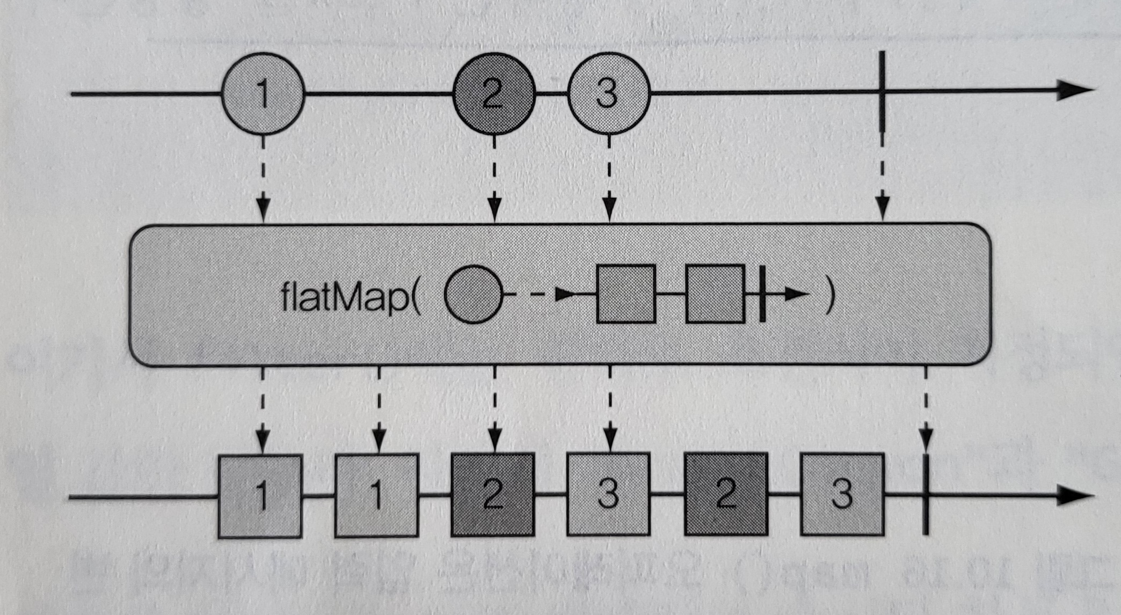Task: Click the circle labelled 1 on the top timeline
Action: point(263,94)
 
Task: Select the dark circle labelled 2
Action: point(494,94)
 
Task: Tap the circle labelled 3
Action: point(608,94)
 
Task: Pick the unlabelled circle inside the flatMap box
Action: point(473,294)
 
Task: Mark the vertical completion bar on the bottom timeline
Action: point(926,494)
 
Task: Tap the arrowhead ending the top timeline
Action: point(1074,90)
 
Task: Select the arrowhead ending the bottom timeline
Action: point(1074,495)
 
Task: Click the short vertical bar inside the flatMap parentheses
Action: point(762,294)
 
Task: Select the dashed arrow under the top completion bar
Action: point(882,177)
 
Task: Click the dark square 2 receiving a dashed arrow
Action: point(493,494)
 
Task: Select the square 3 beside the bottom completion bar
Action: point(842,494)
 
